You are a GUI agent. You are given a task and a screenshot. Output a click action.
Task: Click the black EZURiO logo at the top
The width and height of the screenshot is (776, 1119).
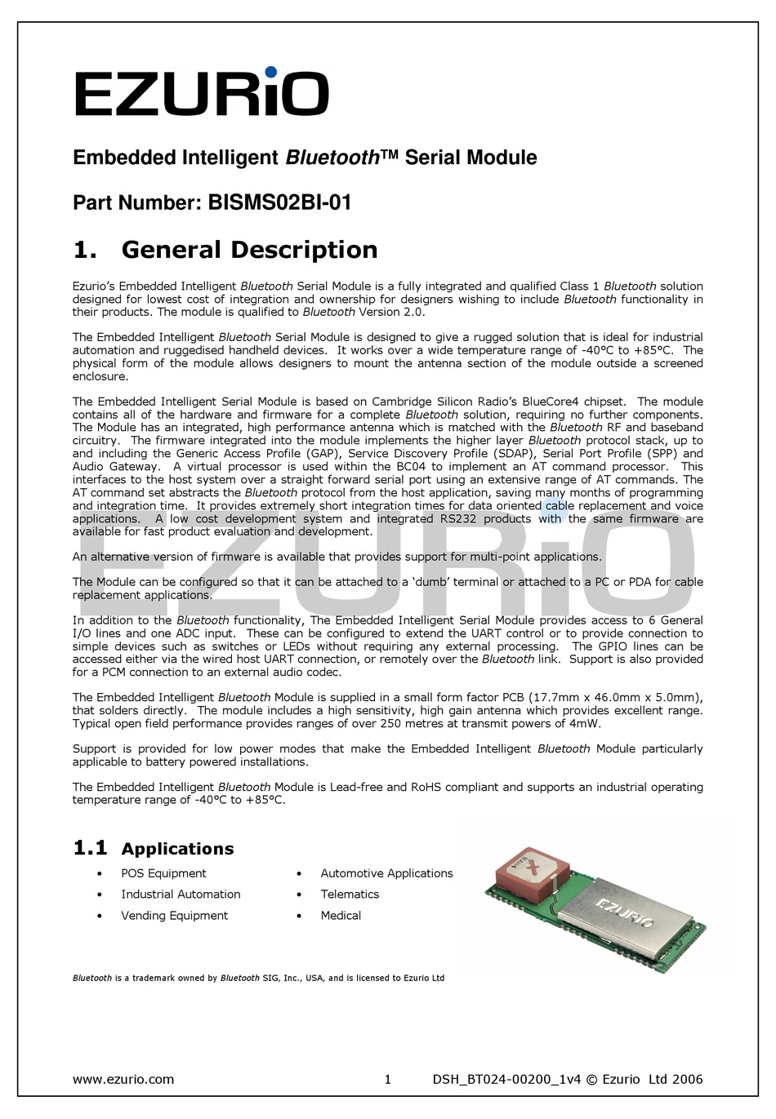point(202,93)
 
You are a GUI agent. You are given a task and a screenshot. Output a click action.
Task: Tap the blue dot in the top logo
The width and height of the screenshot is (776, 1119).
point(271,73)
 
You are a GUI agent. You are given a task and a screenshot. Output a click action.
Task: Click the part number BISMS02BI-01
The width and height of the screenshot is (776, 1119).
point(279,202)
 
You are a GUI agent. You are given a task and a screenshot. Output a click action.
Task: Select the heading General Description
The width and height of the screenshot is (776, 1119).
point(249,250)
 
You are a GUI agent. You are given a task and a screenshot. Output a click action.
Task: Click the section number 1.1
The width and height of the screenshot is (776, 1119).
point(90,848)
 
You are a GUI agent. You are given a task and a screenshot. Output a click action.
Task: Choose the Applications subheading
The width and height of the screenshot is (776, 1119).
point(177,849)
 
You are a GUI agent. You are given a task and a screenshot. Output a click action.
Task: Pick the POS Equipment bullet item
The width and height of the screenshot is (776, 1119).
point(163,873)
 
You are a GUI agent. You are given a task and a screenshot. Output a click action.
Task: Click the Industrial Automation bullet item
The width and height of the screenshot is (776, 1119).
point(181,895)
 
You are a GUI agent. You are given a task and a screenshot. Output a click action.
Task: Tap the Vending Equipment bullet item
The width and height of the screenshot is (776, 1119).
point(174,916)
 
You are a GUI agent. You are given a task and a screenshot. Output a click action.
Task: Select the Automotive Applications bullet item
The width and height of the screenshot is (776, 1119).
point(386,873)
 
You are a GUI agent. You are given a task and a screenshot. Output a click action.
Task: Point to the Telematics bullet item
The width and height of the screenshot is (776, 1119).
point(350,895)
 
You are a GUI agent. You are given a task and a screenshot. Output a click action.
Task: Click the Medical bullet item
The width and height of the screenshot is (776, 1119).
point(341,916)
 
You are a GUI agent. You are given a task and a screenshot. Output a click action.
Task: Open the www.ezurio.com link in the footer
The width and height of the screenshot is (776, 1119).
point(123,1079)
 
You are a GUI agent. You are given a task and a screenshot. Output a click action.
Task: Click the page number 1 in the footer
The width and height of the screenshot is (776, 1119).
point(388,1079)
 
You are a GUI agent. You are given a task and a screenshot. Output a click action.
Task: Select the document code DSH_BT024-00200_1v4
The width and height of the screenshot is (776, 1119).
point(506,1079)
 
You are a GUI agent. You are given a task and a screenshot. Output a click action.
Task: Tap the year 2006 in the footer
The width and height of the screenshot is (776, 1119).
point(687,1079)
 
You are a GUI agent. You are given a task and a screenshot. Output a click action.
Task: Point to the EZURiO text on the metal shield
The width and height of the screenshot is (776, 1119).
point(625,912)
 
